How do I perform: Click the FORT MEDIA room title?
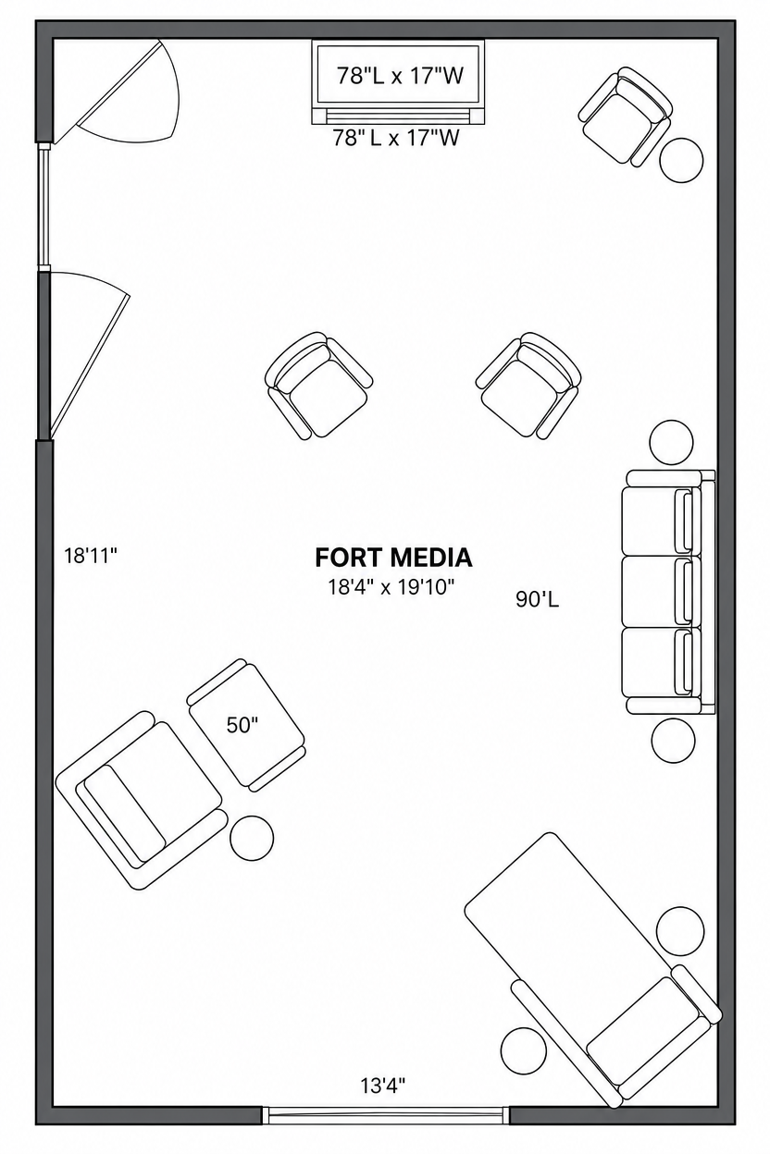(x=393, y=558)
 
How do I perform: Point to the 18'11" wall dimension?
(x=91, y=556)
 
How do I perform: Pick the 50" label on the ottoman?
(x=242, y=725)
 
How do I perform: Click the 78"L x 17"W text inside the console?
(x=400, y=76)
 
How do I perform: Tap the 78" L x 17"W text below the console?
(x=395, y=138)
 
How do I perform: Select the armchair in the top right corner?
(x=625, y=117)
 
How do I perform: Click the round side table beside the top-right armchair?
(x=681, y=160)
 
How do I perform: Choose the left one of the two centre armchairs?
(x=318, y=386)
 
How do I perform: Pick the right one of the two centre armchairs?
(x=528, y=386)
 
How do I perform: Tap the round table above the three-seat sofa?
(x=671, y=443)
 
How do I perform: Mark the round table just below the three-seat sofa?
(x=673, y=741)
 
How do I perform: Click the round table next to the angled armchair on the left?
(x=252, y=837)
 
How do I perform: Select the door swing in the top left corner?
(x=117, y=92)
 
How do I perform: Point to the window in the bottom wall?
(x=385, y=1116)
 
